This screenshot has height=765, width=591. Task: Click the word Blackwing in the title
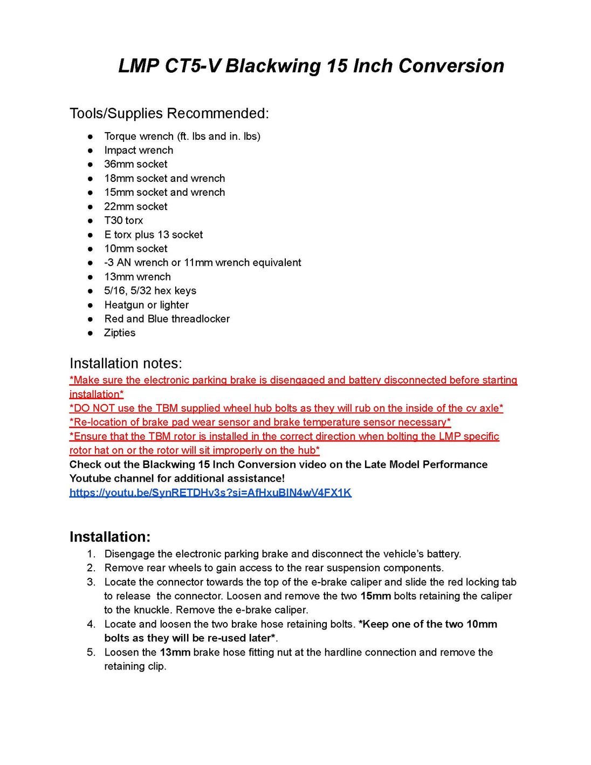pos(273,66)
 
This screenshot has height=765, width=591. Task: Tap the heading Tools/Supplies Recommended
pos(169,113)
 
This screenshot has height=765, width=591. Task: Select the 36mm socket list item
pos(135,164)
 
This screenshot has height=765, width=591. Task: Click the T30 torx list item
pos(123,220)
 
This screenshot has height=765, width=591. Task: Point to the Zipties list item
pos(120,333)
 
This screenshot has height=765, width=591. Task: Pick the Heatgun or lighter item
pos(146,305)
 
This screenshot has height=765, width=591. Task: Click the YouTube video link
pos(210,493)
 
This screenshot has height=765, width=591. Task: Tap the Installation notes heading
pos(126,363)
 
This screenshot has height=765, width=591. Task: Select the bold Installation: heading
pos(110,537)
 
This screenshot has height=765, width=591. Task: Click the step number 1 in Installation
pos(91,554)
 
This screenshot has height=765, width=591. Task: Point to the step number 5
pos(91,652)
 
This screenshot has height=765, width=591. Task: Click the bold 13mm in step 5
pos(175,652)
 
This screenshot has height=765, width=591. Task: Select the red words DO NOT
pos(90,408)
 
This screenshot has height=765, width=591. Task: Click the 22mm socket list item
pos(135,206)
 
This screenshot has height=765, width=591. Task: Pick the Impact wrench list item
pos(139,150)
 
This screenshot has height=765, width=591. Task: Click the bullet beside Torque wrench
pos(91,136)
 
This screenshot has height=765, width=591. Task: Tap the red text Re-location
pos(98,422)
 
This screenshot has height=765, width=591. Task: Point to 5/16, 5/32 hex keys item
pos(150,291)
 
